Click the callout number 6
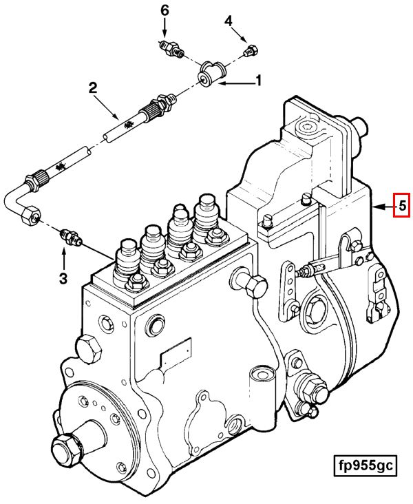[165, 10]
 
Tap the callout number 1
[259, 81]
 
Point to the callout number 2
[92, 87]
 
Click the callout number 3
[63, 278]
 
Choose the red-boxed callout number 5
[401, 205]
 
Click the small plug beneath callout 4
[252, 50]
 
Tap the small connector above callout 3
[70, 236]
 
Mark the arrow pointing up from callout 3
[63, 258]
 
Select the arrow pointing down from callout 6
[165, 29]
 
